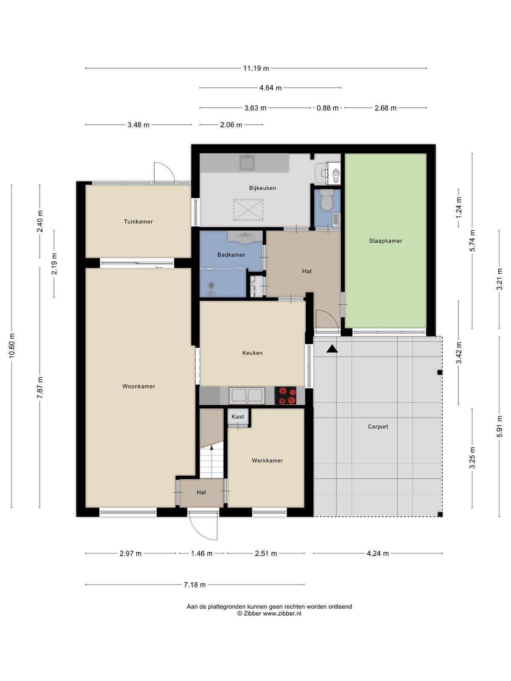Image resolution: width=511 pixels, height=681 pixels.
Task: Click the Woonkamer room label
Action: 138,386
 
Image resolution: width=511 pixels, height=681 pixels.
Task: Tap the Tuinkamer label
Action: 138,221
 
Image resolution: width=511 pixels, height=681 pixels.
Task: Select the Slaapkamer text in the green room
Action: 385,241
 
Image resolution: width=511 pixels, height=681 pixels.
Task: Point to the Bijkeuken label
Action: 262,188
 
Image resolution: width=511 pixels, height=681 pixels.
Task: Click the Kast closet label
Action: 238,417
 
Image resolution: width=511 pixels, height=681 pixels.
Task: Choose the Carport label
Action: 378,426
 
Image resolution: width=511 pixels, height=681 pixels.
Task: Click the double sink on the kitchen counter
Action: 247,395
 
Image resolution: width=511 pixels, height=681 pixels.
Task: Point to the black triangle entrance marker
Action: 332,349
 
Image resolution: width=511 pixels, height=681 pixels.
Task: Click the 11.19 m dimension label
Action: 256,68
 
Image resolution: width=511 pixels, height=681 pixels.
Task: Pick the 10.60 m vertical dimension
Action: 12,346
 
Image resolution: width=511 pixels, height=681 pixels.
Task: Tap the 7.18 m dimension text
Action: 195,585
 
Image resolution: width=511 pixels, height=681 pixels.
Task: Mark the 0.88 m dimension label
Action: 327,108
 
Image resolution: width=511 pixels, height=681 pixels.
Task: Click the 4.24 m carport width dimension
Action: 378,553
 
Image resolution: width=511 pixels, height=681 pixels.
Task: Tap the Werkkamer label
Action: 267,461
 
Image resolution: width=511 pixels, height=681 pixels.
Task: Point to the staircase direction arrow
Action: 212,447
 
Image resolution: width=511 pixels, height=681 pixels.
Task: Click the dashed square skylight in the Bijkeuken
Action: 248,210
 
